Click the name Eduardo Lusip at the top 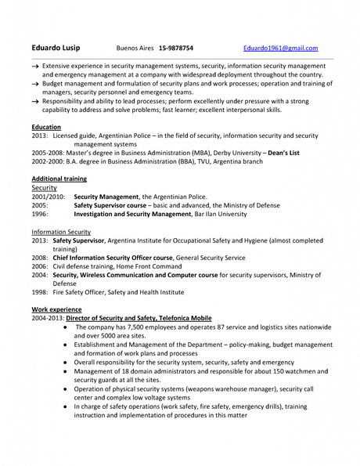56,48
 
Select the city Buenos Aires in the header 134,48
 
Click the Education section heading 47,126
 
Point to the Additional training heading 59,179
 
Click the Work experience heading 57,310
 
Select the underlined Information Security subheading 61,232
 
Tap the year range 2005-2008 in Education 50,153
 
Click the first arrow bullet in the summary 35,67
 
